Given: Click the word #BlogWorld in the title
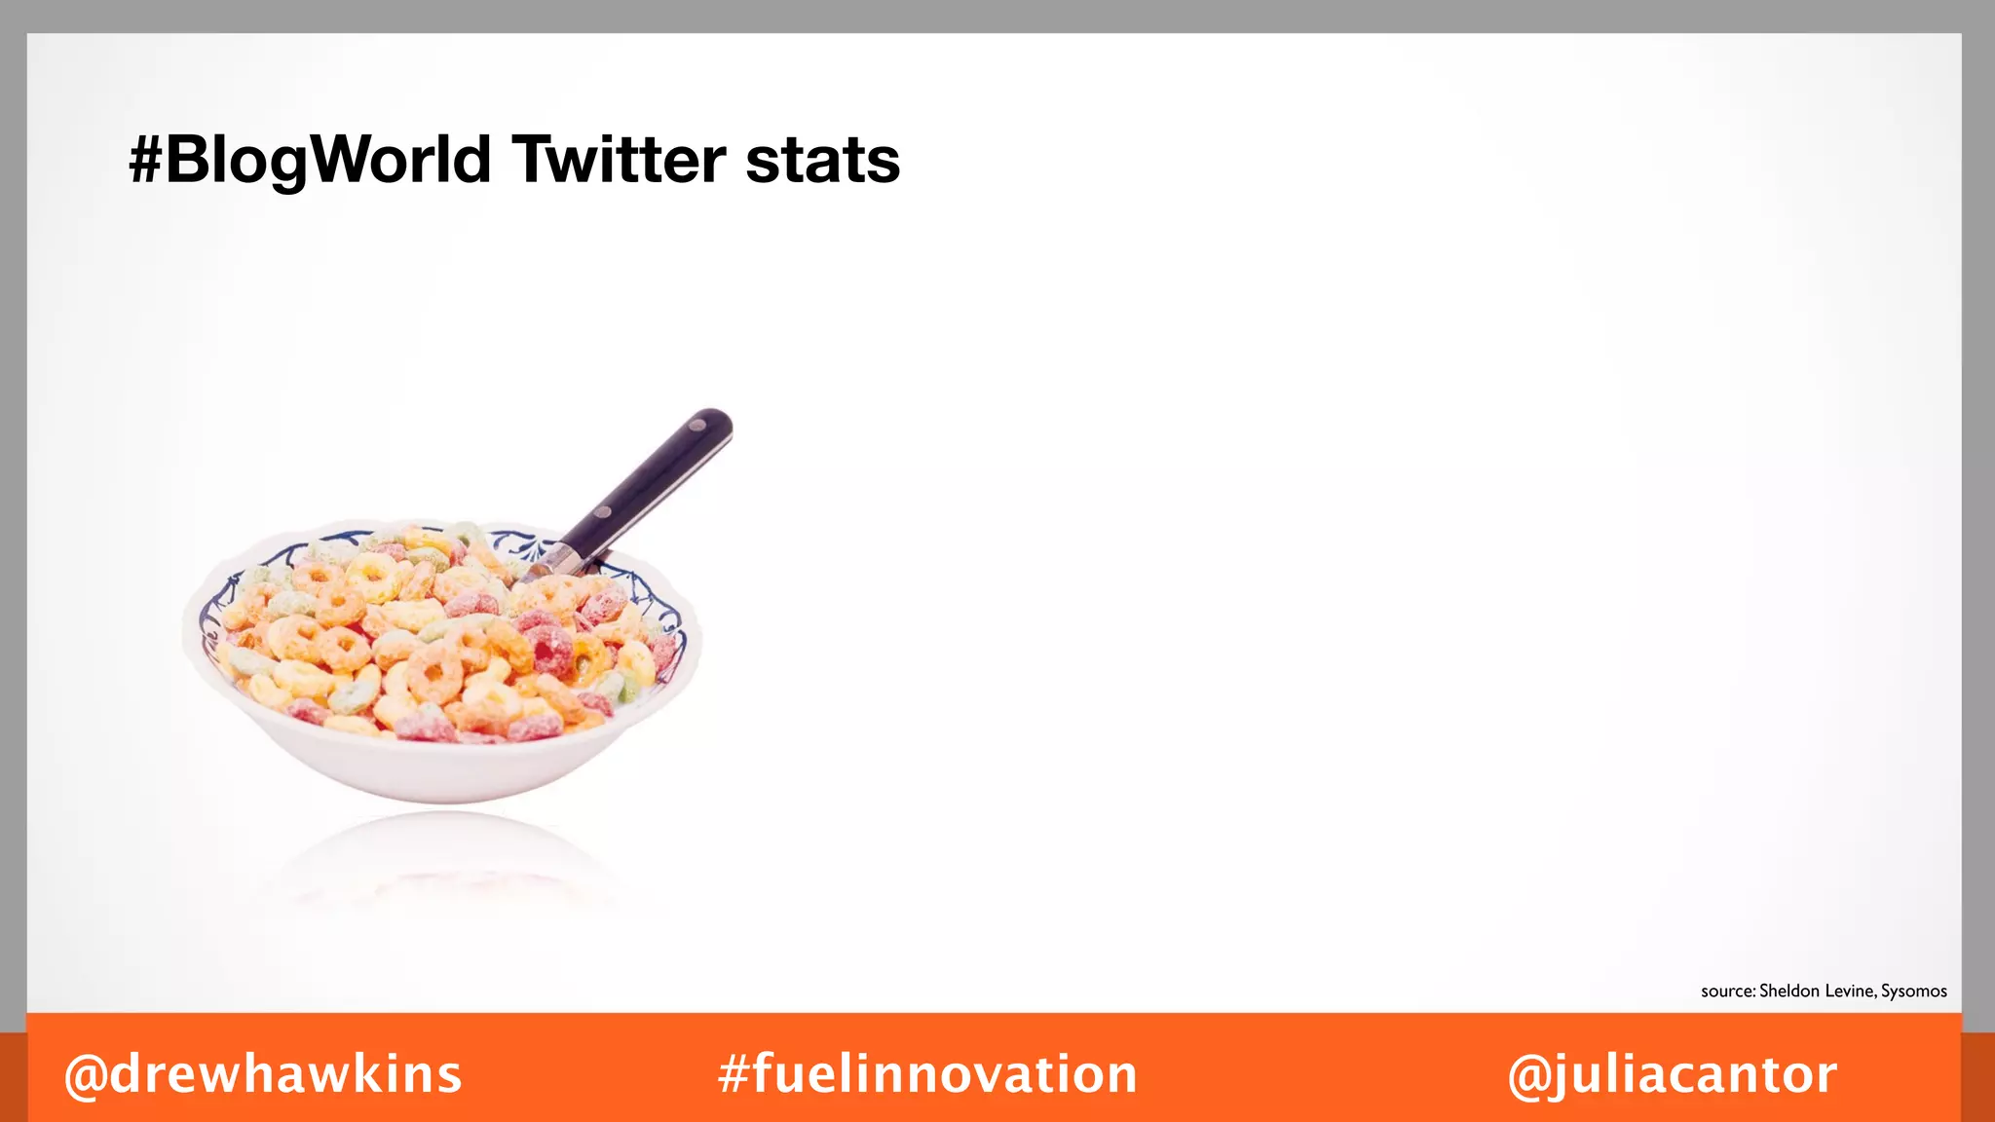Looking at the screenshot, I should [310, 161].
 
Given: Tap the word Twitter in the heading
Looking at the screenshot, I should [620, 161].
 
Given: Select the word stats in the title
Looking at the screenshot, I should [822, 161].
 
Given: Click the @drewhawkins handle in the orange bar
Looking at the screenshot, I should [263, 1074].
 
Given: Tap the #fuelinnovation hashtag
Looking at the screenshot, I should [927, 1074].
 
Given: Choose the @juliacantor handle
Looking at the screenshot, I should [1672, 1074].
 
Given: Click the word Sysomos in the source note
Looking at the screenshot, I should [1913, 991].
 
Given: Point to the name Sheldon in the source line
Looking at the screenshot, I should [1788, 991].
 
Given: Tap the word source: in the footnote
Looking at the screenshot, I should [1728, 991].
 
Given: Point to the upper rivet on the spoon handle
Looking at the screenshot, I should [698, 425].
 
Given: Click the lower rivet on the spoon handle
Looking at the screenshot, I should [604, 512].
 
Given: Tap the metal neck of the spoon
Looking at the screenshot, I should [559, 560].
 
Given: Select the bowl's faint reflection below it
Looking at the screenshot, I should [443, 857].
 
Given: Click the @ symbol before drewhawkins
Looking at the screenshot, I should [86, 1075].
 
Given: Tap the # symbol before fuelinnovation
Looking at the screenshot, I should [734, 1074].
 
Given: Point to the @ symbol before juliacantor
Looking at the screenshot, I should [1529, 1075].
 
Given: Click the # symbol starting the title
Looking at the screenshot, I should [145, 161].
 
